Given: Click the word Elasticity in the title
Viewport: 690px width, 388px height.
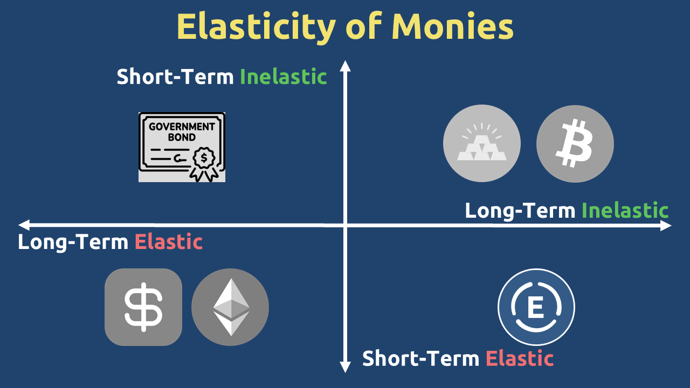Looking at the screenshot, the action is coord(256,27).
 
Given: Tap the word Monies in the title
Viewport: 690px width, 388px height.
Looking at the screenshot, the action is coord(452,26).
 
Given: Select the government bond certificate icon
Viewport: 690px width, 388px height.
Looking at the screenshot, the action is coord(182,147).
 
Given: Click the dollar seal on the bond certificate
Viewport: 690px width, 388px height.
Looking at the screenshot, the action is coord(204,158).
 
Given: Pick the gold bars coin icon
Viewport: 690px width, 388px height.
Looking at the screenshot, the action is coord(482,143).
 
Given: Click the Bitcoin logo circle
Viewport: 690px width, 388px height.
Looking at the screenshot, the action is coord(575,144).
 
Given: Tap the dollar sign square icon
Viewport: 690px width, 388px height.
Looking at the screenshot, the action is coord(143,307).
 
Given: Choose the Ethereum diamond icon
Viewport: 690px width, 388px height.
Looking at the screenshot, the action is coord(230,307).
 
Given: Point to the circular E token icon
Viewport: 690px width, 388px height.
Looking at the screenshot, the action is coord(536,307).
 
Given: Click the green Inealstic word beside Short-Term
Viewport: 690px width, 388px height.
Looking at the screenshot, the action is coord(284,77).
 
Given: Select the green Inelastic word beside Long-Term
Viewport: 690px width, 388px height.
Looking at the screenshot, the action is coord(625,211).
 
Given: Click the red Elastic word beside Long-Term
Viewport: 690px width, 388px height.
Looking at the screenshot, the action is coord(169,242).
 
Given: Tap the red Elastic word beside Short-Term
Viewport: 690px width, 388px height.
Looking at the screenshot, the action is coord(520,358).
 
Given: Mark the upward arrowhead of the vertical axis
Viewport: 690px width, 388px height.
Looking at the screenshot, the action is coord(346,66).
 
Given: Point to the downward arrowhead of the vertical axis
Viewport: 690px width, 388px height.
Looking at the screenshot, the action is coord(346,367).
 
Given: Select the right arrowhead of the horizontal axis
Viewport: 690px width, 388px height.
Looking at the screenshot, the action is coord(666,226).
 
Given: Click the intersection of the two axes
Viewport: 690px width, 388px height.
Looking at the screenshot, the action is coord(346,225).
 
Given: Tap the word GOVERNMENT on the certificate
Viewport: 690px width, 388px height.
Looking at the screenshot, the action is coord(182,127).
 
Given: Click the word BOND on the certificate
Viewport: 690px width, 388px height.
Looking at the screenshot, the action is coord(182,137).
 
